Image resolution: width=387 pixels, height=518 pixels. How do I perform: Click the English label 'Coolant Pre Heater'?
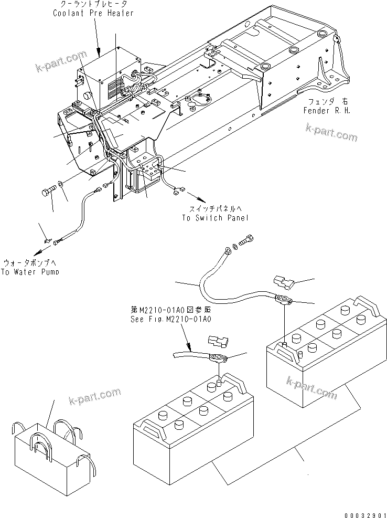click(x=93, y=13)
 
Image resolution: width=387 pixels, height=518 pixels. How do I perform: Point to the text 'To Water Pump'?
click(x=29, y=272)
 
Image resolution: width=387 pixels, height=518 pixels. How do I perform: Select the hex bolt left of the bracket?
click(x=47, y=192)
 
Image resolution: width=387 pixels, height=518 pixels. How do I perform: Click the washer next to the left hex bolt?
click(x=62, y=184)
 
